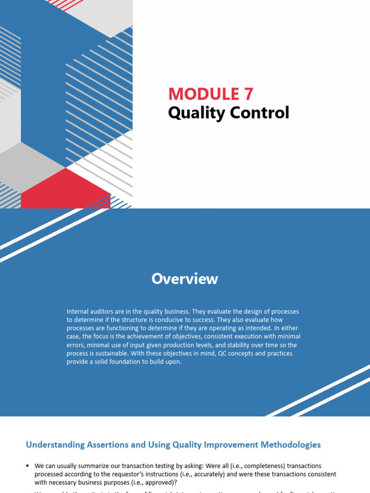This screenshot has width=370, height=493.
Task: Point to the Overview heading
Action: tap(185, 279)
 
